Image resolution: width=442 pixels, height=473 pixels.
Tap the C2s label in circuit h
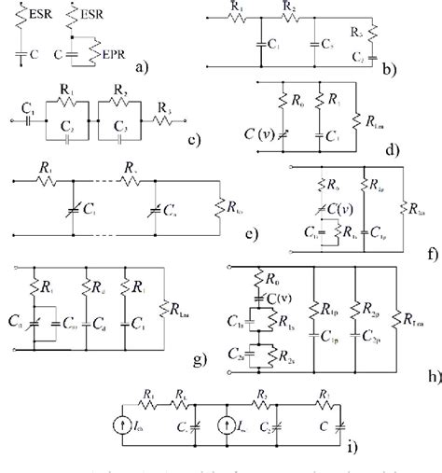tap(237, 353)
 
